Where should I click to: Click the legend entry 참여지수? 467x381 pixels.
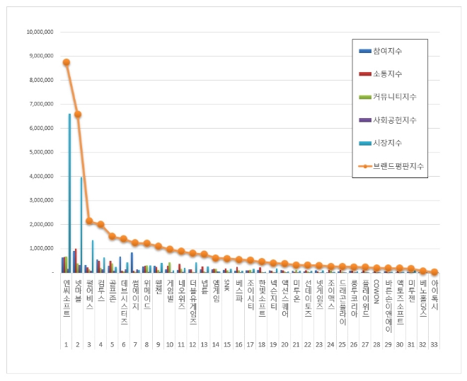pyautogui.click(x=388, y=51)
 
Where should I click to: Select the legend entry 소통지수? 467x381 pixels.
pyautogui.click(x=388, y=74)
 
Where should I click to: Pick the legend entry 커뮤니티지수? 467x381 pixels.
pyautogui.click(x=394, y=96)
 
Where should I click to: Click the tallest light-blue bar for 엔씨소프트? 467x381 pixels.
pyautogui.click(x=69, y=192)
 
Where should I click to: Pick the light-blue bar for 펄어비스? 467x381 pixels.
pyautogui.click(x=93, y=256)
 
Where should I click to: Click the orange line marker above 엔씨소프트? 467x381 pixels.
pyautogui.click(x=66, y=62)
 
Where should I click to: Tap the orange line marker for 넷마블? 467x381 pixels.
pyautogui.click(x=77, y=115)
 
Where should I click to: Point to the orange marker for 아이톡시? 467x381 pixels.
pyautogui.click(x=434, y=271)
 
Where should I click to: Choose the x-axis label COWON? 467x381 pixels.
pyautogui.click(x=376, y=290)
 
